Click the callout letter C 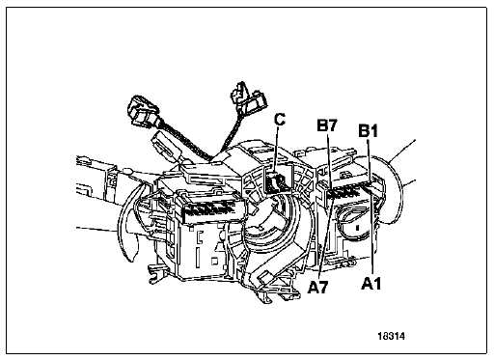pos(280,120)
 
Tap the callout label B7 pos(327,125)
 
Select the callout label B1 pos(369,131)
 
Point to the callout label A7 pos(317,287)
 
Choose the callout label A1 pos(370,284)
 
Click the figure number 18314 pos(392,336)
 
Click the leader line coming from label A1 pos(372,235)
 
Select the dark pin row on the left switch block pos(208,210)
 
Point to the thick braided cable pos(186,142)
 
